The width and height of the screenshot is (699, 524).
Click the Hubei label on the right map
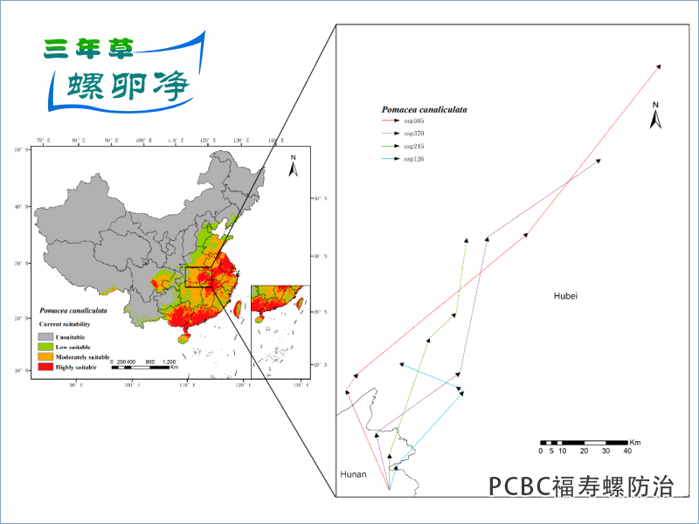(566, 296)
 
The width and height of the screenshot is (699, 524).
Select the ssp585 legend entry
(412, 121)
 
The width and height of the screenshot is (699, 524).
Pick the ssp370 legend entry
(412, 134)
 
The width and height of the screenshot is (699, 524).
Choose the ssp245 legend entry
(412, 146)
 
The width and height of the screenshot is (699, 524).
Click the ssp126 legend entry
(412, 158)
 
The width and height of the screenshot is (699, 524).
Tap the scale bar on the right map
(583, 444)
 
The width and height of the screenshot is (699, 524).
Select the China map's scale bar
(144, 367)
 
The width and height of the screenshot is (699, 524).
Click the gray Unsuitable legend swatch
(45, 336)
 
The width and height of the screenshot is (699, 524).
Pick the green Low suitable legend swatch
(45, 347)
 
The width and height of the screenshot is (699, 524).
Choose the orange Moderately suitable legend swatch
(45, 358)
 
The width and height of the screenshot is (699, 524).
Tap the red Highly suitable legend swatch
(45, 369)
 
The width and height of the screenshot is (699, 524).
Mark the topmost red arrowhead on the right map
(658, 66)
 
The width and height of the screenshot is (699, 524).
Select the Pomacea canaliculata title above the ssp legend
(425, 110)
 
